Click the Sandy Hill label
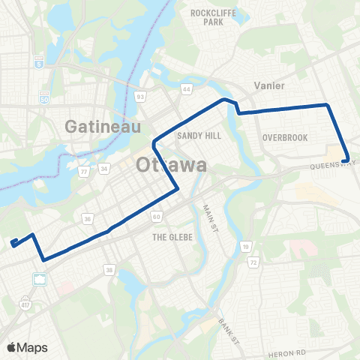(x=196, y=136)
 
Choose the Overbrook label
(x=281, y=137)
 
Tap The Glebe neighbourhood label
(x=172, y=236)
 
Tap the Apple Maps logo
(x=27, y=347)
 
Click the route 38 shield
(x=109, y=271)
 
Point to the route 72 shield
(x=254, y=263)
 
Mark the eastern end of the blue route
(x=345, y=160)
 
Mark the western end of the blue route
(x=13, y=241)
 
